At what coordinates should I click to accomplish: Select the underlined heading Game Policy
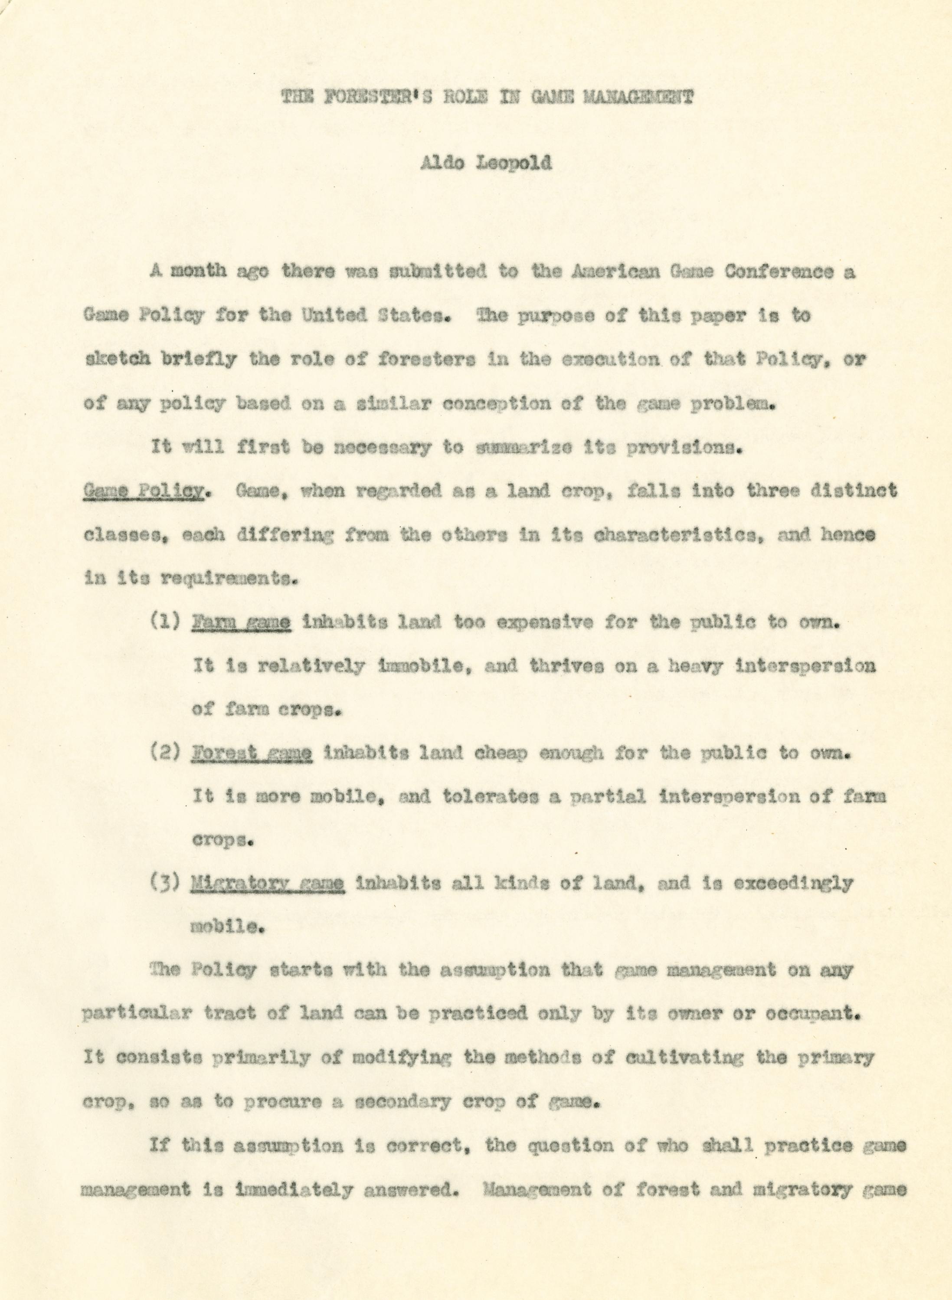coord(144,491)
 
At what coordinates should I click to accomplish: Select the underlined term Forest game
coord(252,753)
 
